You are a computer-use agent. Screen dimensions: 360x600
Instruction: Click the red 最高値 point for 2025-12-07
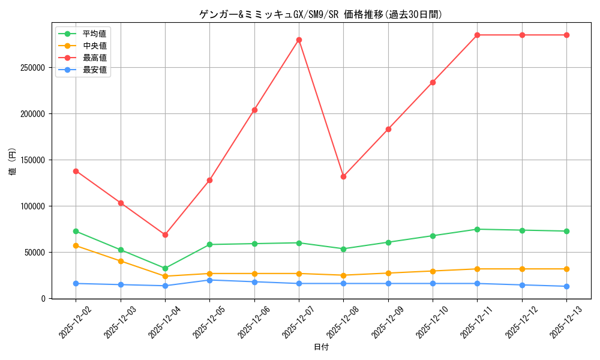click(x=299, y=40)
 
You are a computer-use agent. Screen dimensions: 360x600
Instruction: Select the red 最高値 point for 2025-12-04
click(x=165, y=235)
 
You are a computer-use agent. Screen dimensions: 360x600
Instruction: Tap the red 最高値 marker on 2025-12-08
click(x=343, y=176)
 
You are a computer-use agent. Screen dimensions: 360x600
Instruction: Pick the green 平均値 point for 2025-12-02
click(x=76, y=231)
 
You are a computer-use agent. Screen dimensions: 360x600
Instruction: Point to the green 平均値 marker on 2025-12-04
click(x=165, y=268)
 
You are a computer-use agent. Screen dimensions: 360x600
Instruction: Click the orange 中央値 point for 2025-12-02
click(x=76, y=245)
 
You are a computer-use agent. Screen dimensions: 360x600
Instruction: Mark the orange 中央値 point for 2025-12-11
click(x=477, y=269)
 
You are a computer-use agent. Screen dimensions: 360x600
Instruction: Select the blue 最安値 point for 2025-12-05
click(x=209, y=280)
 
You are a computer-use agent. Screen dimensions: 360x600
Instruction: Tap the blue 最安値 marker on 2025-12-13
click(x=566, y=286)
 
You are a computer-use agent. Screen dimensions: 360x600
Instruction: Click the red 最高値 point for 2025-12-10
click(x=433, y=82)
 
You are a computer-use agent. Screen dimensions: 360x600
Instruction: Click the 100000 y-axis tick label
click(x=33, y=206)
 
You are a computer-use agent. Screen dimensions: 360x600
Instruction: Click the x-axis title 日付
click(x=321, y=347)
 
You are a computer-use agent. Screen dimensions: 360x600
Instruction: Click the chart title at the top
click(x=321, y=14)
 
